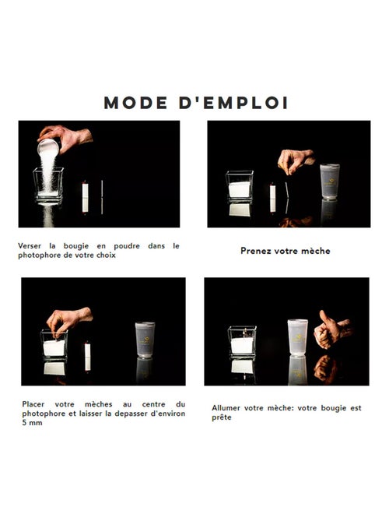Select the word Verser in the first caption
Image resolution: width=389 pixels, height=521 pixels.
31,245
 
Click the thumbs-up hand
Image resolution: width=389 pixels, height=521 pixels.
330,331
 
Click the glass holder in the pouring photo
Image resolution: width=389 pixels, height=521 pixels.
48,184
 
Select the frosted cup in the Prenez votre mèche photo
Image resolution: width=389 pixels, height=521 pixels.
330,181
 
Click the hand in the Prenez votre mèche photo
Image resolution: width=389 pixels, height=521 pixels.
296,160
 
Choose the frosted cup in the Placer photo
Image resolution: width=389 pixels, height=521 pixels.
145,340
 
